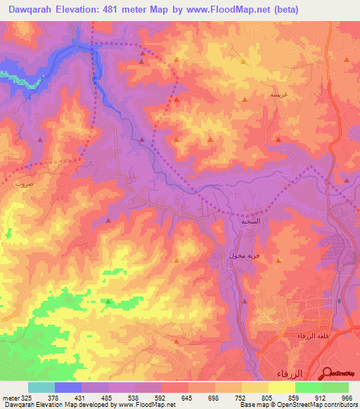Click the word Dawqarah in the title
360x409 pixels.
(x=31, y=9)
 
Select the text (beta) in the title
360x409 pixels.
(x=283, y=9)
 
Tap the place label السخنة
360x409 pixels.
(x=251, y=221)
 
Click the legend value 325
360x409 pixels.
(x=27, y=397)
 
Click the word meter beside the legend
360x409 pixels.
(x=10, y=397)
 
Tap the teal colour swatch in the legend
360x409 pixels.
(x=41, y=387)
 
